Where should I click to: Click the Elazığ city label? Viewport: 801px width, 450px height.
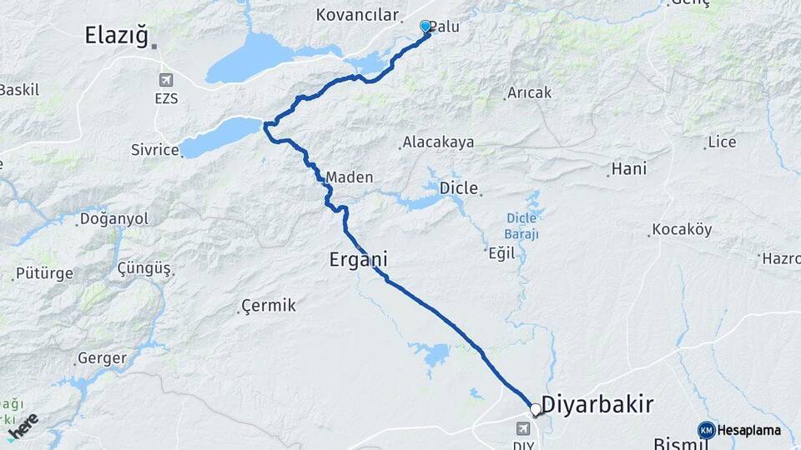(116, 35)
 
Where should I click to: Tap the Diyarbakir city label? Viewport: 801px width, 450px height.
(597, 405)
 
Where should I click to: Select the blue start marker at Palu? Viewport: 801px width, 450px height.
(426, 27)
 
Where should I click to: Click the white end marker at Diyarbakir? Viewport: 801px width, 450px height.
(535, 409)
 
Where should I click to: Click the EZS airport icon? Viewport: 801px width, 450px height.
(165, 81)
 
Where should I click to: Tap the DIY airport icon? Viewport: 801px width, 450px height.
(523, 429)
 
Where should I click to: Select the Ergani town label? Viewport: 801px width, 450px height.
(358, 260)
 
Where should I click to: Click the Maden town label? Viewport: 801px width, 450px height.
(349, 177)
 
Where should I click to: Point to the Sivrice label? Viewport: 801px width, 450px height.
(155, 150)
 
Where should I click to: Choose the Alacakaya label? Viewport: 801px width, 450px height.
(438, 142)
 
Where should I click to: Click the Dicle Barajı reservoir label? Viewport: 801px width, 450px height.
(522, 226)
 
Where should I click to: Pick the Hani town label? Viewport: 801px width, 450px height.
(629, 169)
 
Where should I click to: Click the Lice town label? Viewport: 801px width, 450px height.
(722, 142)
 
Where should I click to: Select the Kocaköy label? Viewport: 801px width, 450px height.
(682, 229)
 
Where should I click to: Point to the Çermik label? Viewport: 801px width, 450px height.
(268, 306)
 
